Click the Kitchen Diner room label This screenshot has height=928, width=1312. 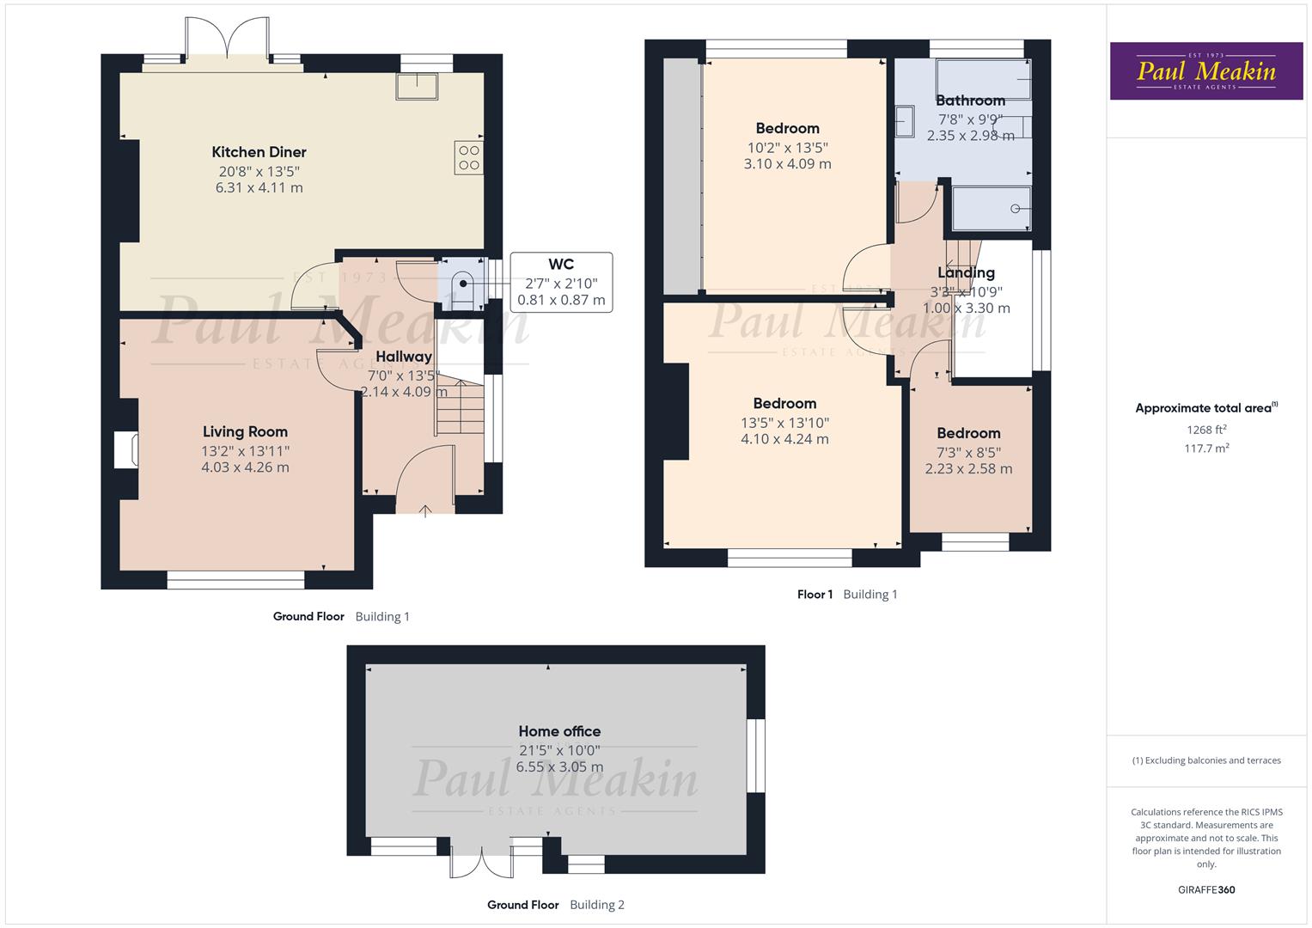point(259,152)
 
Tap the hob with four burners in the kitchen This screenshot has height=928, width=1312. point(469,157)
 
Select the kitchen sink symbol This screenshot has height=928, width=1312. point(417,86)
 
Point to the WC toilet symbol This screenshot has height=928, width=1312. point(461,284)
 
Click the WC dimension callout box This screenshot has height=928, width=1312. point(561,283)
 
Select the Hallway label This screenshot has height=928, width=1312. point(404,357)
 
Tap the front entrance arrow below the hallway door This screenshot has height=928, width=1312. point(424,511)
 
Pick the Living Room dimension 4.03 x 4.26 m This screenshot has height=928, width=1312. point(245,467)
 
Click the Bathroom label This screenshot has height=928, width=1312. point(970,101)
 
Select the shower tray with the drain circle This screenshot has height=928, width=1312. point(991,208)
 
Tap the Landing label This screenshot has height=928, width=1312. point(966,272)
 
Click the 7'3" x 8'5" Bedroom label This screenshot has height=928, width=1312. point(968,433)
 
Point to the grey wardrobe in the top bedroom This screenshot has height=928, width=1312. point(682,176)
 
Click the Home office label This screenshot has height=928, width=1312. point(559,731)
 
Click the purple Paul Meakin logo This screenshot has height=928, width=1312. point(1205,71)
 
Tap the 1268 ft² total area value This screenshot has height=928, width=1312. point(1206,430)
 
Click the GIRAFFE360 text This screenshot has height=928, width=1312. point(1206,889)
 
